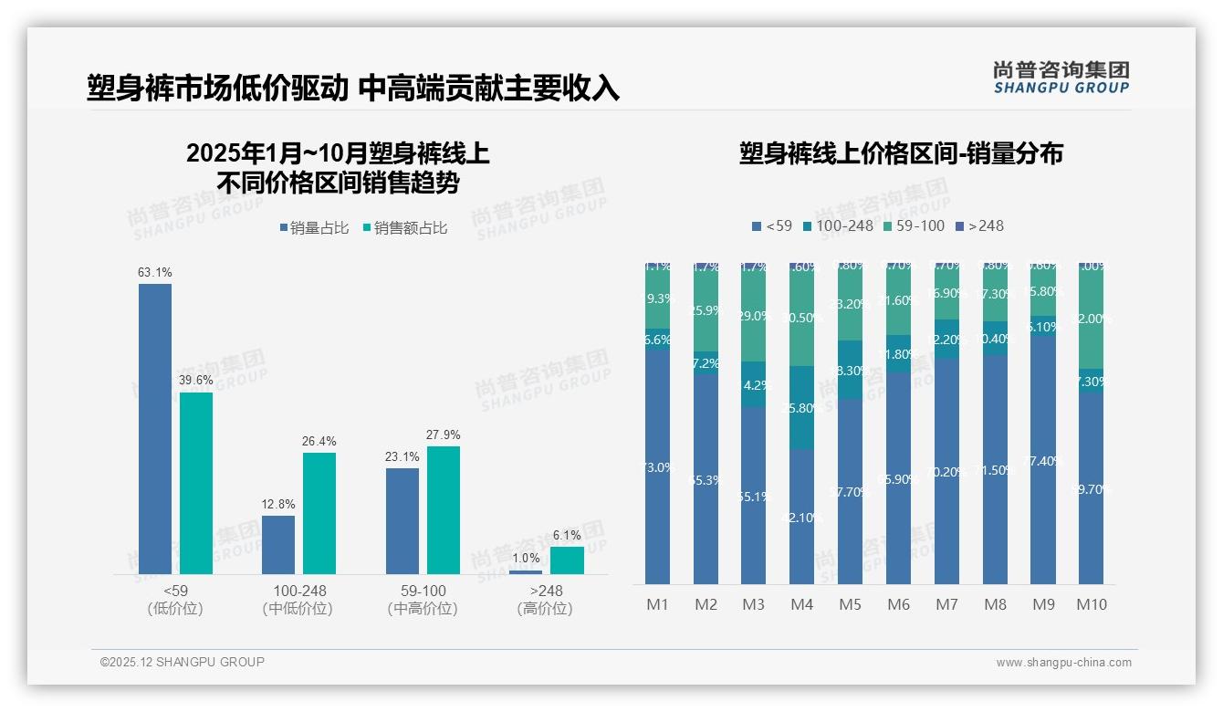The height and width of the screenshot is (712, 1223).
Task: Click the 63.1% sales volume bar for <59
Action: click(155, 428)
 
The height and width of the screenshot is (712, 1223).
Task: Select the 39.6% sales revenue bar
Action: click(196, 483)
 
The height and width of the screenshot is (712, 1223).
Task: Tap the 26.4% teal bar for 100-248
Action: click(319, 513)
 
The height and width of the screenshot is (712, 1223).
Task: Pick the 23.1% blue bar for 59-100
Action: click(402, 520)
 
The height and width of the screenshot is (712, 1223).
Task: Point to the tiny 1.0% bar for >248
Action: click(526, 572)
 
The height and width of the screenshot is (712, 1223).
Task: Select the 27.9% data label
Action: click(444, 435)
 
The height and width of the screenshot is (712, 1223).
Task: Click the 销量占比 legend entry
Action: click(313, 228)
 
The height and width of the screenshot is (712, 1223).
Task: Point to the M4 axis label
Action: click(801, 604)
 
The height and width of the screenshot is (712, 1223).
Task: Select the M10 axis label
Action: click(1092, 604)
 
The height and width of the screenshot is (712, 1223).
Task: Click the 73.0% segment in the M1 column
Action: click(657, 467)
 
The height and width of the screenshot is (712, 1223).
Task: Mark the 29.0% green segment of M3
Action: click(754, 316)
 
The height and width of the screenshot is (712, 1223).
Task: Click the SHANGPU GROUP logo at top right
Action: click(1061, 78)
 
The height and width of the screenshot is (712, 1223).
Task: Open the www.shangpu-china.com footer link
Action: click(1063, 663)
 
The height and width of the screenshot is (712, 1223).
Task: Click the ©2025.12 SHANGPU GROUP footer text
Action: click(183, 662)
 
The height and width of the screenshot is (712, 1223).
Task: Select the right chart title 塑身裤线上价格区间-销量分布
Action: click(901, 153)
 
